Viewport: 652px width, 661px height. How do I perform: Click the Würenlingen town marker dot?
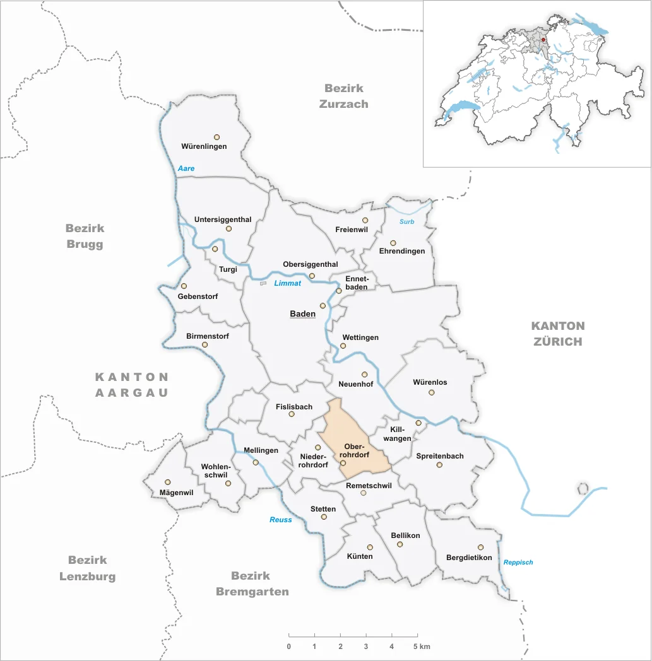(x=216, y=136)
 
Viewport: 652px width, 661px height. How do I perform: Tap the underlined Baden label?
(x=302, y=314)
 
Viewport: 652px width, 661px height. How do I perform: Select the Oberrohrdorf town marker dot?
(x=343, y=463)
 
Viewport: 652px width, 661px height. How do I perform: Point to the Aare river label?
(x=186, y=168)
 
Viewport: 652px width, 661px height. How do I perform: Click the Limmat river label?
(x=287, y=283)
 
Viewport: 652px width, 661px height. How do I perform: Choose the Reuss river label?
(x=281, y=520)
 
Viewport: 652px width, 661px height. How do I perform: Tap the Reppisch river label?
(x=518, y=562)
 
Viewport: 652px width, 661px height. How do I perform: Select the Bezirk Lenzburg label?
(x=88, y=568)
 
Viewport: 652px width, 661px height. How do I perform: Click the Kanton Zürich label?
(x=557, y=334)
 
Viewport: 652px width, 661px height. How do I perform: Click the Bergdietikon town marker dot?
(x=480, y=547)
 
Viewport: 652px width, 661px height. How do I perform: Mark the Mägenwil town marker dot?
(x=167, y=482)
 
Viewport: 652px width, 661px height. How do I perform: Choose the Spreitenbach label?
(x=440, y=456)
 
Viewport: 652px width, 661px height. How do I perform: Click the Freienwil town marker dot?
(x=365, y=220)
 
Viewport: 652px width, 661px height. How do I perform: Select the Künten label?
(x=359, y=556)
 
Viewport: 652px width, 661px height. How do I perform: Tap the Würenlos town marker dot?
(x=432, y=392)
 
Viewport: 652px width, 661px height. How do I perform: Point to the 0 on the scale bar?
(x=288, y=646)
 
